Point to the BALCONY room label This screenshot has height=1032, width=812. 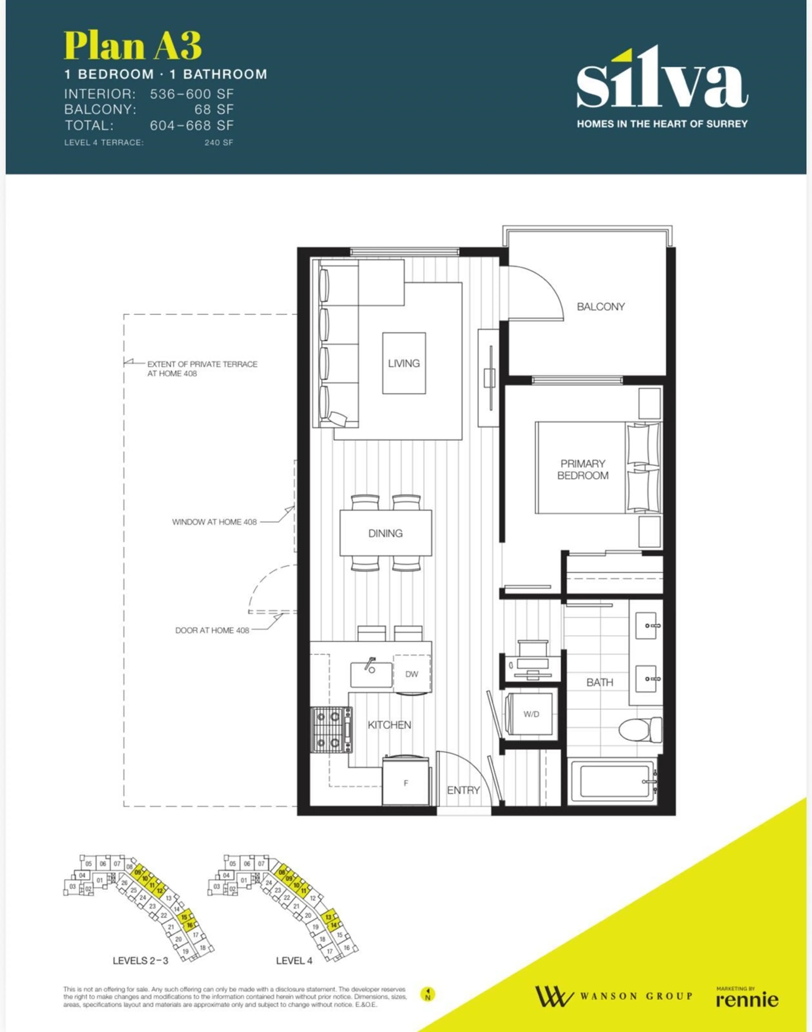[601, 307]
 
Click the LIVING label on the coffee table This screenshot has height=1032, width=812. [404, 363]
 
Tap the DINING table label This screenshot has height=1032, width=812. [385, 533]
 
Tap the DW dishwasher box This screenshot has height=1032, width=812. [412, 674]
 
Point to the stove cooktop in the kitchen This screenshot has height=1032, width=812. [331, 730]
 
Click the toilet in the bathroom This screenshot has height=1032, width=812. [640, 730]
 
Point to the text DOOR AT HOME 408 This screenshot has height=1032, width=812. [212, 630]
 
